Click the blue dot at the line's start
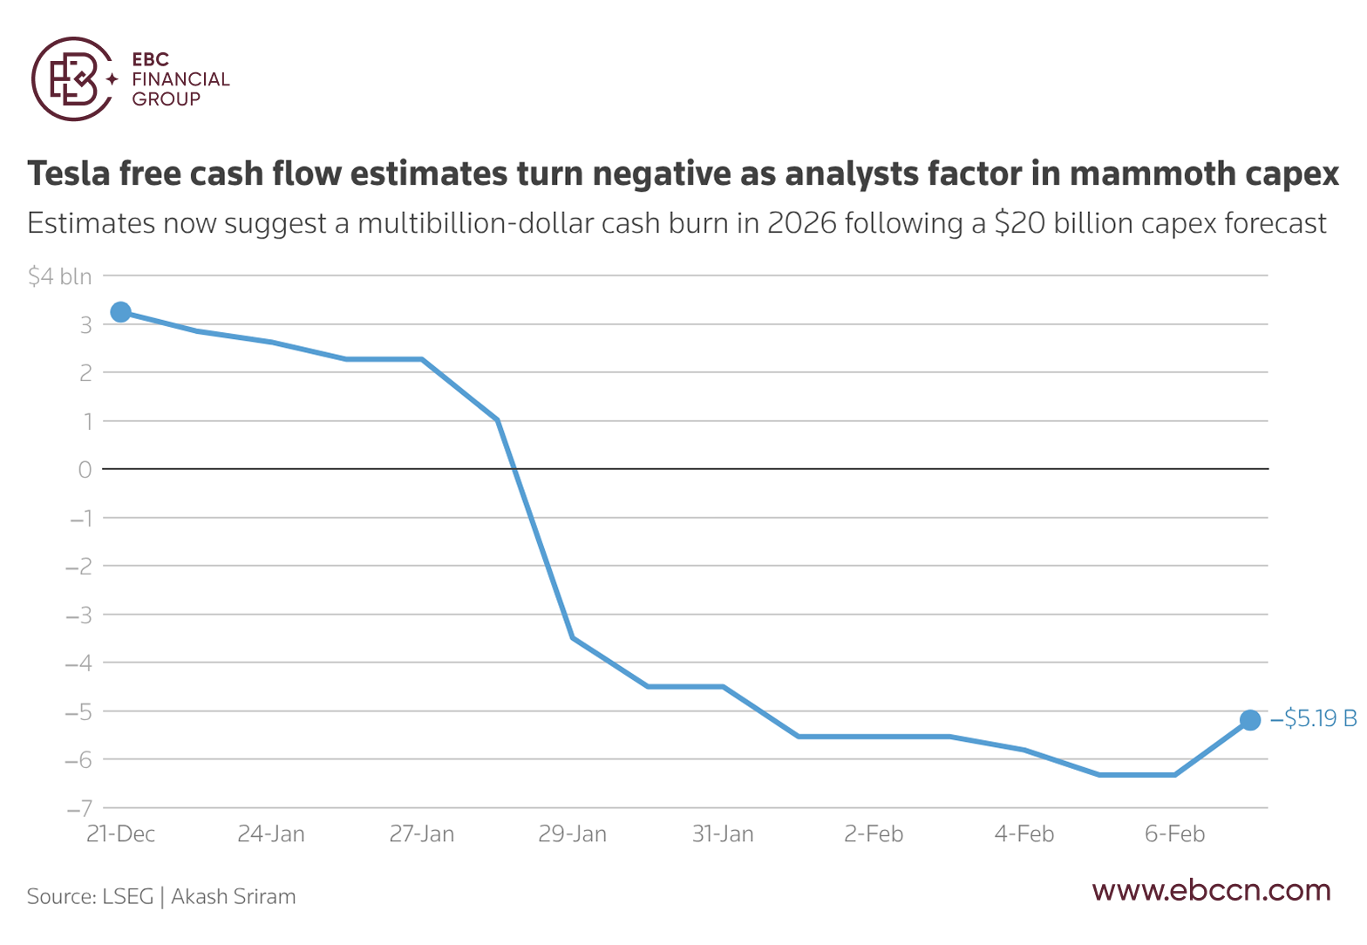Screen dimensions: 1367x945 pos(121,312)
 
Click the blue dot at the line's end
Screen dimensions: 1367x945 pos(1250,720)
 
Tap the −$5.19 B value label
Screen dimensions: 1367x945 pos(1313,718)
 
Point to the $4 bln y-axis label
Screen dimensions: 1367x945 pos(60,276)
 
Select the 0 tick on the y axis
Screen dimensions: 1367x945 pos(85,469)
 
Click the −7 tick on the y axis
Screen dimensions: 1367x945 pos(79,808)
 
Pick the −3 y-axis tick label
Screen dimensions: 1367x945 pos(79,615)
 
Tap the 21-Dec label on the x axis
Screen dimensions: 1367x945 pos(121,833)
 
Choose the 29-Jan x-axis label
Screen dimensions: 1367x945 pos(573,833)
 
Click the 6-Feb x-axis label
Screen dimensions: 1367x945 pos(1175,833)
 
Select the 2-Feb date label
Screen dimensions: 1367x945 pos(874,833)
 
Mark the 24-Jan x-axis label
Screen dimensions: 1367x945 pos(271,833)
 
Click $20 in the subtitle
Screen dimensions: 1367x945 pos(1019,222)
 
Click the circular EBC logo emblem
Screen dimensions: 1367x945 pos(72,78)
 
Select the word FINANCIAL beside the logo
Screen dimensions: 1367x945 pos(180,79)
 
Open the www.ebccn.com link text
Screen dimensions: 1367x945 pos(1212,890)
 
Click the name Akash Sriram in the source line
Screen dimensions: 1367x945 pos(233,896)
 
